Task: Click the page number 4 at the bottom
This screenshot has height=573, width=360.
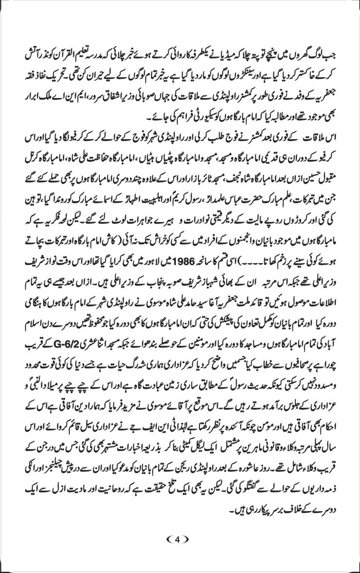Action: pyautogui.click(x=179, y=539)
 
